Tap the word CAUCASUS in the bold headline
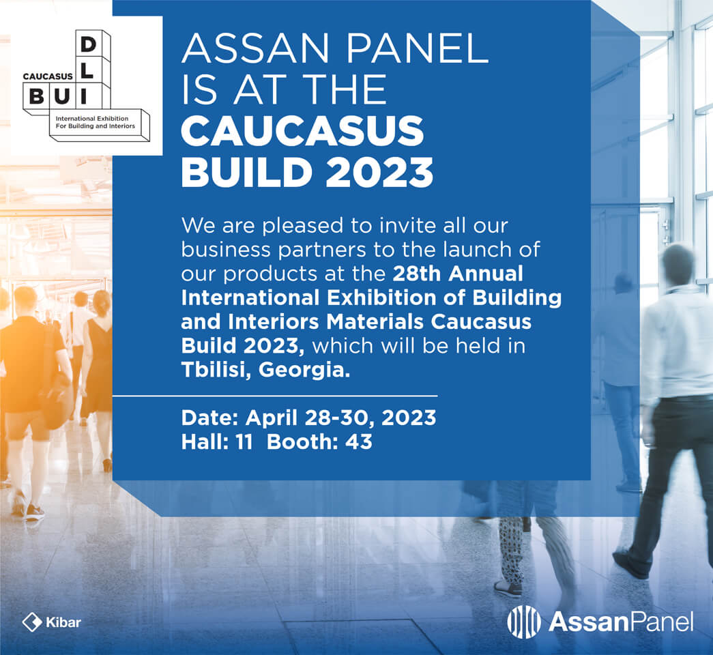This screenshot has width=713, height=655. [302, 131]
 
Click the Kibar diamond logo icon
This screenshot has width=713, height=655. [32, 622]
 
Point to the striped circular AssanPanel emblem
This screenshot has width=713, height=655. [524, 622]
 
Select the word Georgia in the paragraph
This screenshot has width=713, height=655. [304, 370]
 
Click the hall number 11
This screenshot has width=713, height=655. [244, 441]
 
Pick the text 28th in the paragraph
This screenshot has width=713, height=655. [417, 274]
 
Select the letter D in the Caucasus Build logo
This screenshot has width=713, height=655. [88, 44]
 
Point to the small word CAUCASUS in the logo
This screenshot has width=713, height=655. [48, 76]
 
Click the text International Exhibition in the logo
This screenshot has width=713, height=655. [92, 118]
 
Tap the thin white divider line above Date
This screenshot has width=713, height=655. [275, 396]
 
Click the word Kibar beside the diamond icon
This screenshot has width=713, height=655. [63, 622]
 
